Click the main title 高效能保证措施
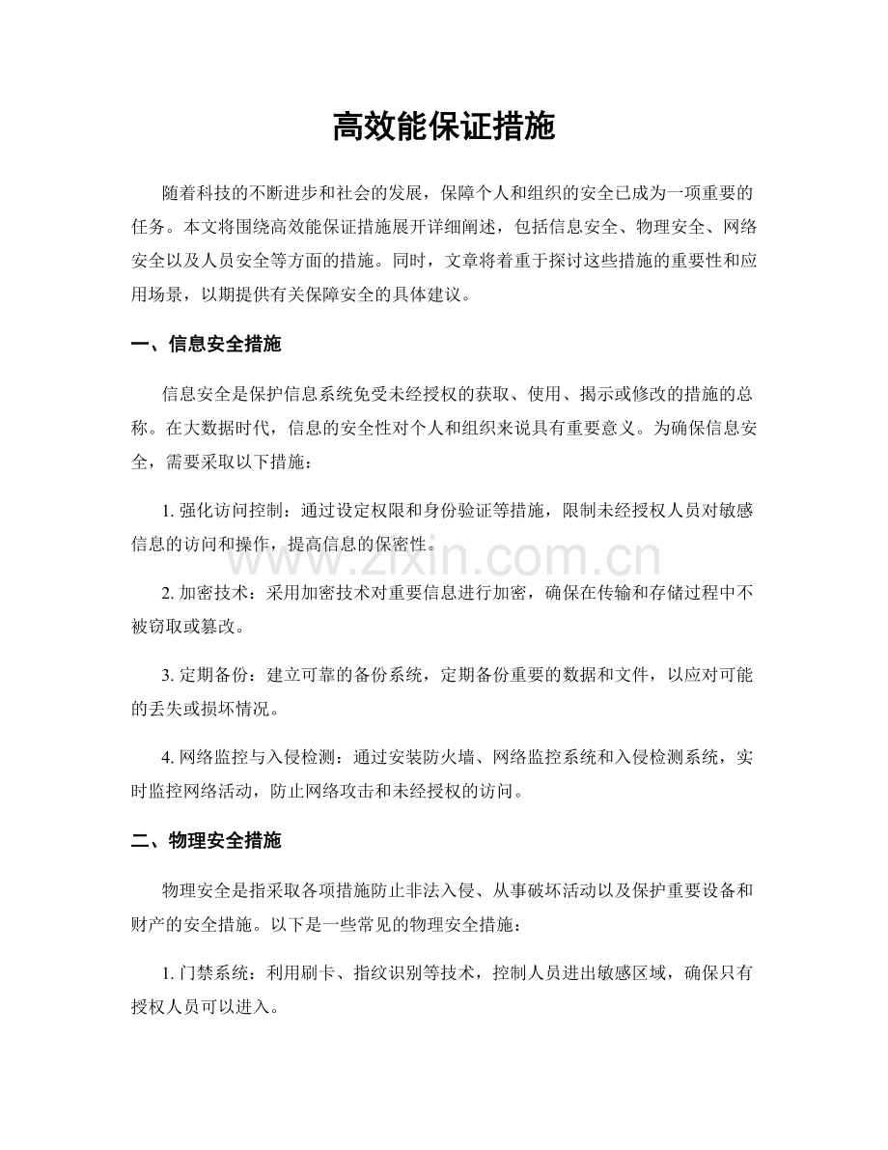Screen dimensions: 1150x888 (444, 126)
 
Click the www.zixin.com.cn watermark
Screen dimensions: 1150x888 (444, 558)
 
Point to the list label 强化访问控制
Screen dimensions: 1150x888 (232, 510)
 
